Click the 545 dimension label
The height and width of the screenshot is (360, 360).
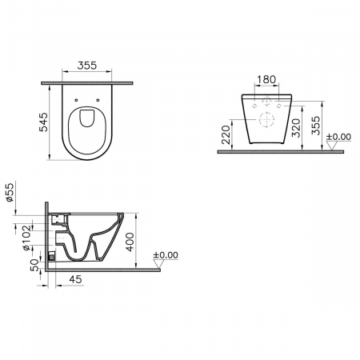pyautogui.click(x=43, y=122)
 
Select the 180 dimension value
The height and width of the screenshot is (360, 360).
pyautogui.click(x=266, y=79)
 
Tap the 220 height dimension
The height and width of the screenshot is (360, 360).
pyautogui.click(x=226, y=134)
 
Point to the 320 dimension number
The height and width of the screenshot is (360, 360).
pyautogui.click(x=296, y=128)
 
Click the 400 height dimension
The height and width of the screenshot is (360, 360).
pyautogui.click(x=130, y=242)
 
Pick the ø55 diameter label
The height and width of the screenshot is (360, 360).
pyautogui.click(x=10, y=192)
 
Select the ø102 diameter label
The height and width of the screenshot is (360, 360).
pyautogui.click(x=26, y=238)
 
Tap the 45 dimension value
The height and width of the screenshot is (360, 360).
pyautogui.click(x=75, y=279)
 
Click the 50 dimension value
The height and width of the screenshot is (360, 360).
pyautogui.click(x=34, y=265)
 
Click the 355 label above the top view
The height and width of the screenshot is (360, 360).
pyautogui.click(x=87, y=66)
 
